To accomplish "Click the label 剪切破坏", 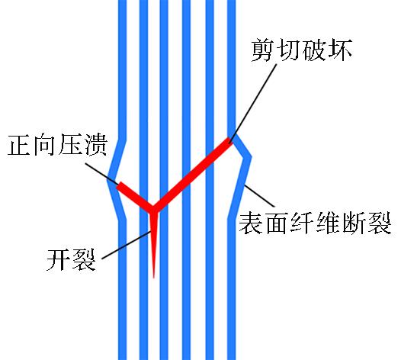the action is tap(302, 50).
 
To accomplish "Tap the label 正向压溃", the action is tap(57, 145).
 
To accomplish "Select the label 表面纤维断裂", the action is tap(315, 223).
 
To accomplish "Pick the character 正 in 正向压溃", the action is tap(20, 145).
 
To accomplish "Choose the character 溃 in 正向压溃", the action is tap(95, 145).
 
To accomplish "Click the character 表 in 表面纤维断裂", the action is tap(251, 223).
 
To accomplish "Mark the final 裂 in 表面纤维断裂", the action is tap(380, 223).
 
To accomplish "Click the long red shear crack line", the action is tap(192, 174).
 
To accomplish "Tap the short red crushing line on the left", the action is tap(135, 197).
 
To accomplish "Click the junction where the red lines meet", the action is tap(153, 209).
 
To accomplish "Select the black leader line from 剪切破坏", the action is tap(253, 103).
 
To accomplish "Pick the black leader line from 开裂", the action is tap(127, 245).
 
